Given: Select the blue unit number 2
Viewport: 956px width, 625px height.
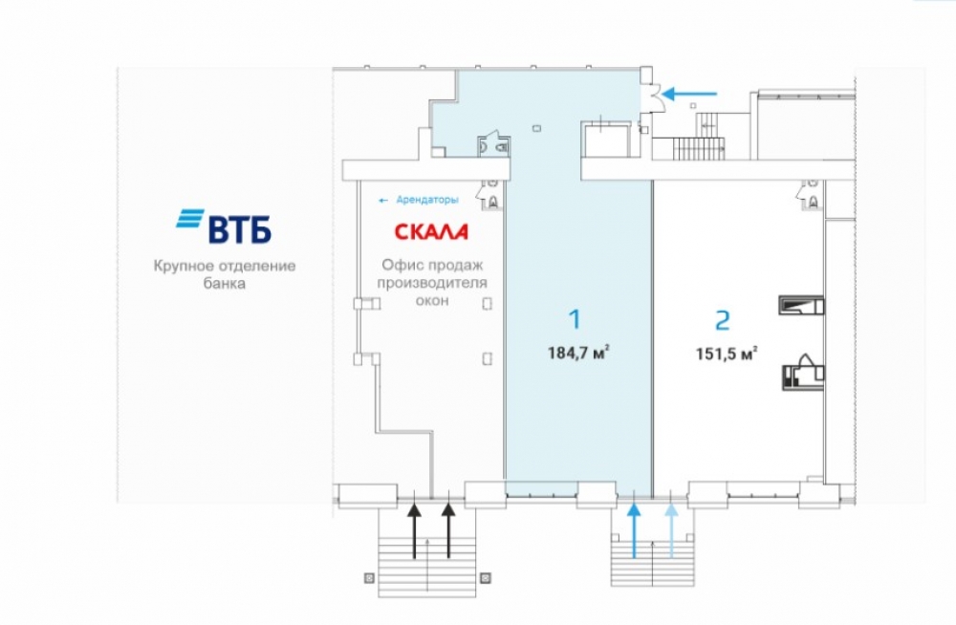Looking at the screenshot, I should pos(724,319).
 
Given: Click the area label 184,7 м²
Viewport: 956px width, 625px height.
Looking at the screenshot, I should pos(578,353).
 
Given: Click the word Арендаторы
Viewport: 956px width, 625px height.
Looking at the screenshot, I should pos(426,200).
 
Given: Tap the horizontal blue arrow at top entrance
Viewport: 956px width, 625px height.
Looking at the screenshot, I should pos(690,94).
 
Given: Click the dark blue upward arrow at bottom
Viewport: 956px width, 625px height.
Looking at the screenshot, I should pos(633,530).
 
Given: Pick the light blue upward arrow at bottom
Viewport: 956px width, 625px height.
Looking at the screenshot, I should pos(672,530).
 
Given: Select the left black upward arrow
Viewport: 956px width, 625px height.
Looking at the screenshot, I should pos(414,530).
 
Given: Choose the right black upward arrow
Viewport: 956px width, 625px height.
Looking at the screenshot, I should pos(449,530).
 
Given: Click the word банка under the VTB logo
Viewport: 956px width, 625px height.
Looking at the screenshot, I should pos(225,284).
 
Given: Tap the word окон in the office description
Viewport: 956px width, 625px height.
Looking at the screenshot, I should pos(432,301).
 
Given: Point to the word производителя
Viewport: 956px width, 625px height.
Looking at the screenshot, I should pos(432,283).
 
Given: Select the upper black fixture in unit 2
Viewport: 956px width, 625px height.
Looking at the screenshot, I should pos(801,305).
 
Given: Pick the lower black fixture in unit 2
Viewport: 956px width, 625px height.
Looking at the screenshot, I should pos(801,371).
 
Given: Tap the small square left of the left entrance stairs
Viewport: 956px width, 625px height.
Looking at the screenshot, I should pos(368,576).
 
